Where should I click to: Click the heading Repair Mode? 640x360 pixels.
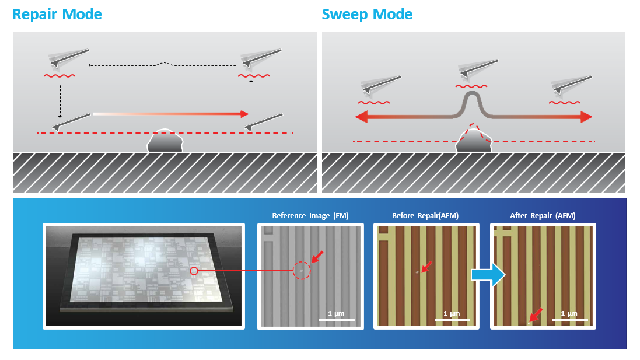pos(57,14)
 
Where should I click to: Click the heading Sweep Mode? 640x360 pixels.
pos(367,14)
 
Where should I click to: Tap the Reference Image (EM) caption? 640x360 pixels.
pos(310,216)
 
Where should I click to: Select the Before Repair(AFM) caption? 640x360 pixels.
pos(425,216)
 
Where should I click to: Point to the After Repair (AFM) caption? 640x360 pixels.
pos(543,216)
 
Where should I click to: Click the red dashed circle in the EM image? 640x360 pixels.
pos(302,270)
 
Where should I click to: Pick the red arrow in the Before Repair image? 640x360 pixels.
pos(426,267)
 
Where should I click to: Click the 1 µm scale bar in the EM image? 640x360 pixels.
pos(337,320)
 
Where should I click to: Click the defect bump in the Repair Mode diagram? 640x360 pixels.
pos(166,141)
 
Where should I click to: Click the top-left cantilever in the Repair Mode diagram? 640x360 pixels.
pos(69,58)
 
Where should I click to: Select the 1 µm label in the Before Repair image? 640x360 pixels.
pos(452,313)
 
